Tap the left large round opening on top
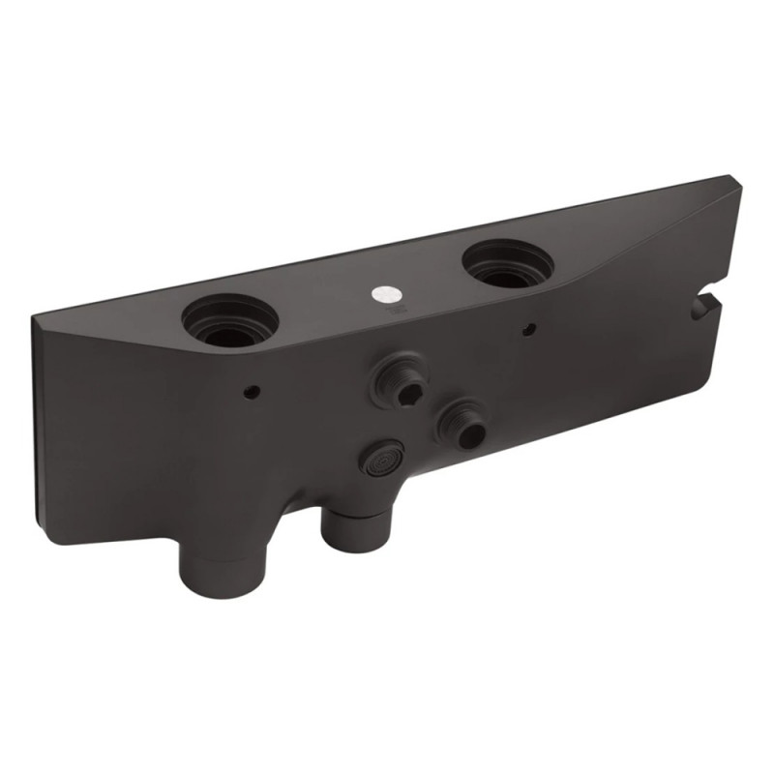tap(230, 321)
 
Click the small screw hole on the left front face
tap(252, 392)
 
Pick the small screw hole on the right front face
tap(527, 329)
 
